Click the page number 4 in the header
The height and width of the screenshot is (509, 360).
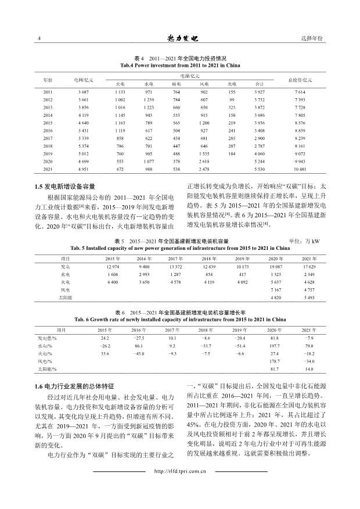click(x=38, y=38)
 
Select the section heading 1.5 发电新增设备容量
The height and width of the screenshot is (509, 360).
click(x=62, y=187)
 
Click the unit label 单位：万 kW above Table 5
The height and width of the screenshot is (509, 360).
click(x=304, y=241)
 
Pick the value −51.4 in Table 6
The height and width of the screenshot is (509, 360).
click(x=239, y=345)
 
